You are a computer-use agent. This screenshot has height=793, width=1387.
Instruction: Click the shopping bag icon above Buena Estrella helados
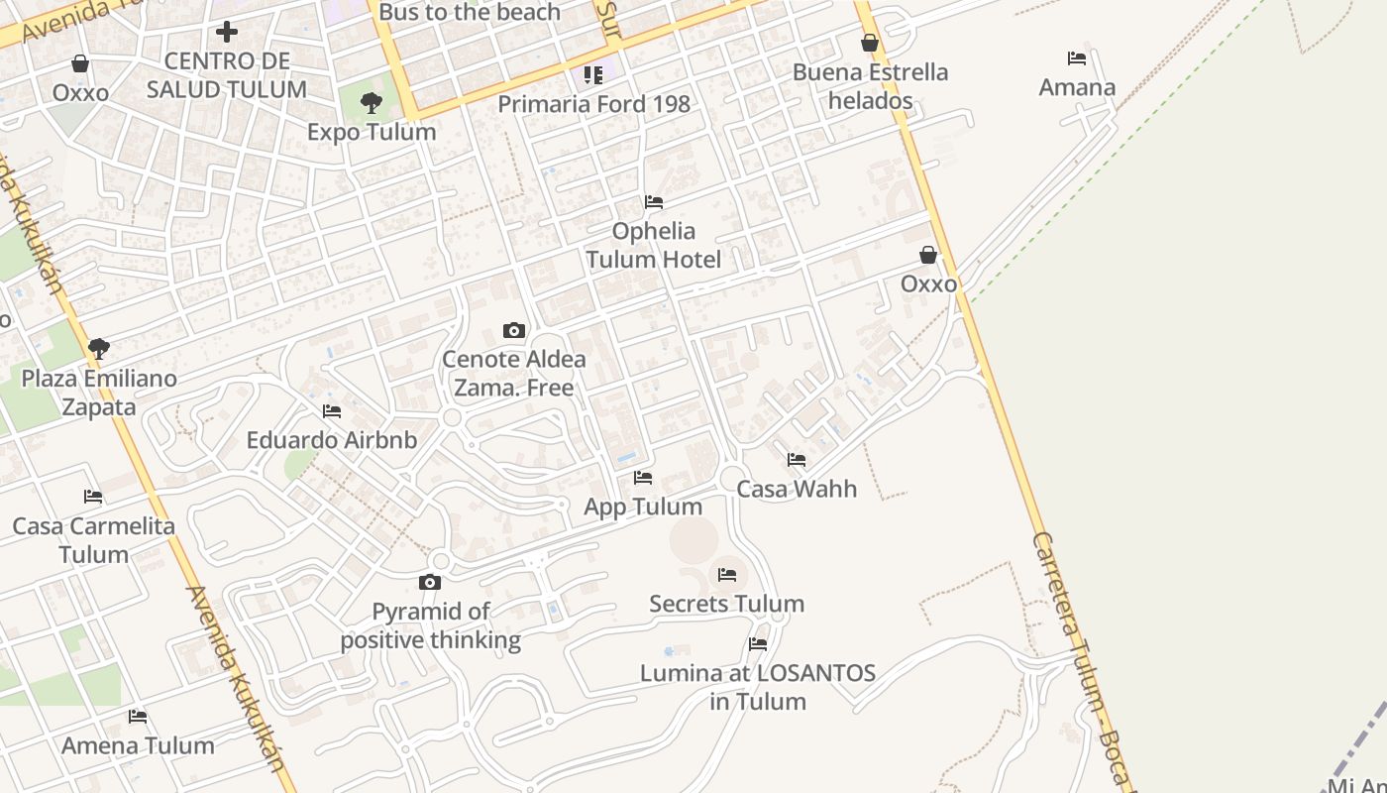click(870, 43)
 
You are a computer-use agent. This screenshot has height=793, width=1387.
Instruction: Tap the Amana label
click(1077, 87)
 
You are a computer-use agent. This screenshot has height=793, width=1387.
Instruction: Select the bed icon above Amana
click(1077, 58)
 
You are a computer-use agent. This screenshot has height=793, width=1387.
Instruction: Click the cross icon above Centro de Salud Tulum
click(227, 32)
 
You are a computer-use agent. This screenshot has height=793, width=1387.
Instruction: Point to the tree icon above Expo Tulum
click(372, 102)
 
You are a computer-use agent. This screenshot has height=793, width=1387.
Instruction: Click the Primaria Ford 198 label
click(593, 104)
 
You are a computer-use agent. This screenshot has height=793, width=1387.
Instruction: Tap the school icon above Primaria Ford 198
click(593, 75)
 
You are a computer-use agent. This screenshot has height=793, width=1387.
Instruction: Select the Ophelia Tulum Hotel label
click(653, 246)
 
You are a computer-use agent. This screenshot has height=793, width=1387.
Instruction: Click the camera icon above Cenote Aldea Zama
click(514, 330)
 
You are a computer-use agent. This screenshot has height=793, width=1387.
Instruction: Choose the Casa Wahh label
click(797, 489)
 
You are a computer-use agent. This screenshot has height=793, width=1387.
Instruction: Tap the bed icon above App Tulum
click(643, 478)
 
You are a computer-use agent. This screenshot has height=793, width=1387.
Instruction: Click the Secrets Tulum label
click(726, 604)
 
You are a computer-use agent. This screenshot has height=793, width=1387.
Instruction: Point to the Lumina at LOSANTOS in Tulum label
click(758, 687)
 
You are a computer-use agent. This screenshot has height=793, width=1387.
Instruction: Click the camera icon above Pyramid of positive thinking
click(430, 582)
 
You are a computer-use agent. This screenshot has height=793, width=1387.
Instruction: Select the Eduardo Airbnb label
click(332, 440)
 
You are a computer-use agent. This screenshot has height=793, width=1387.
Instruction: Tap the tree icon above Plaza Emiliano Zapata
click(98, 348)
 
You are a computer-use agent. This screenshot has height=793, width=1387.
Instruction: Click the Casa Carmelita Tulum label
click(93, 540)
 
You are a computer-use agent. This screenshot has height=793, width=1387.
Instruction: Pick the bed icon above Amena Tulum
click(138, 716)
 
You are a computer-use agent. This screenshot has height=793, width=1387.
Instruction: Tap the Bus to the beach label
click(470, 13)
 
